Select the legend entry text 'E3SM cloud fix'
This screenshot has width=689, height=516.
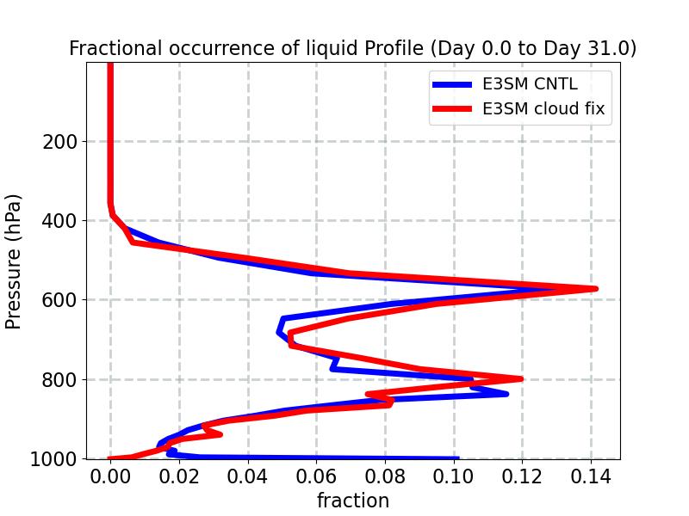(x=543, y=109)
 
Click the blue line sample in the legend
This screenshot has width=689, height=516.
(x=451, y=84)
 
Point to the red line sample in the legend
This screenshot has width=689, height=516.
(x=451, y=109)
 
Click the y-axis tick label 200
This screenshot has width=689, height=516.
(x=59, y=142)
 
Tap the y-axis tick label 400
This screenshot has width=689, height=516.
(x=59, y=221)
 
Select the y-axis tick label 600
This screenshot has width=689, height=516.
(x=59, y=300)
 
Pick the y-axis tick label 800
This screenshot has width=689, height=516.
(x=59, y=379)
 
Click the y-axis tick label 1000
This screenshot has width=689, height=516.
(x=53, y=458)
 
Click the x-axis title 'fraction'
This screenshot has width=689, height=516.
(x=353, y=501)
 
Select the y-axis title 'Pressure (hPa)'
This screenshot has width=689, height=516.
(x=14, y=261)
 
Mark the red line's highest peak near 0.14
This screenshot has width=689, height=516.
(x=595, y=289)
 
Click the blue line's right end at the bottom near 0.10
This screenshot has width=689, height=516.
(x=456, y=458)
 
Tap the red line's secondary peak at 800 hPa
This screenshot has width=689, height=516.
(x=521, y=378)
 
